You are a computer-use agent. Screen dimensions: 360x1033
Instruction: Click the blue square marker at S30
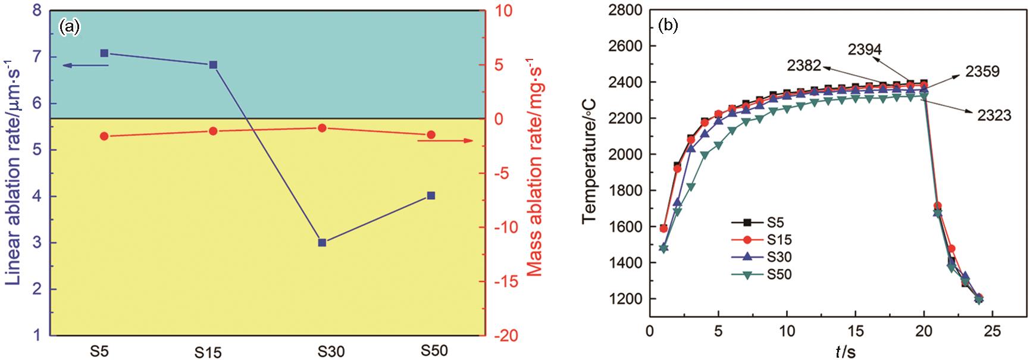[322, 242]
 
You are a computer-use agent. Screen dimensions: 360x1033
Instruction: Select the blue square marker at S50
[431, 196]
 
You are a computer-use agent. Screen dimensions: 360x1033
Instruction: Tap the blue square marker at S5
[104, 53]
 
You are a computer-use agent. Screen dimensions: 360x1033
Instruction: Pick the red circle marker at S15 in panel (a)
[213, 130]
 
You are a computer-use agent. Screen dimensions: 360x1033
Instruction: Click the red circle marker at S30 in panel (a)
[322, 128]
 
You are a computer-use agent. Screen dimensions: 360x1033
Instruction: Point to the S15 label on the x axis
[208, 352]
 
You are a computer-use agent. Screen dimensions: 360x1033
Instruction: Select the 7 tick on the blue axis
[37, 58]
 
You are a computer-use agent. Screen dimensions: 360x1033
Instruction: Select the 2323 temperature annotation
[994, 115]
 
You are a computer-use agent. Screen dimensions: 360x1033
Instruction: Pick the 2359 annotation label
[982, 72]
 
